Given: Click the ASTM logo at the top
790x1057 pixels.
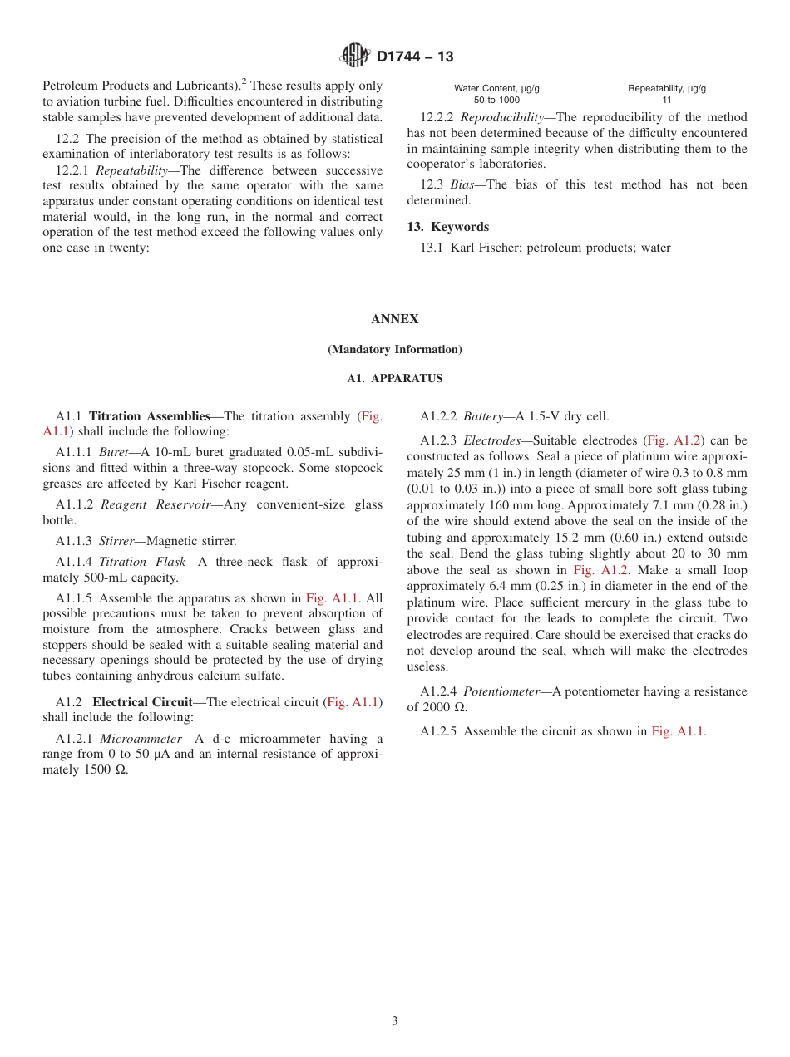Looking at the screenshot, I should [355, 56].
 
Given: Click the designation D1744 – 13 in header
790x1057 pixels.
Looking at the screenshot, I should [415, 57].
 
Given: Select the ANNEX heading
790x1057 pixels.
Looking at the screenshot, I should [394, 319].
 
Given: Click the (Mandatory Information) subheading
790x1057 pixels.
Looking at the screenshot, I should [394, 349].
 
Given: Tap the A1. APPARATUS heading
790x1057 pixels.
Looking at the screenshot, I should [394, 378].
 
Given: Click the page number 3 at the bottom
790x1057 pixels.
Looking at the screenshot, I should [394, 1020].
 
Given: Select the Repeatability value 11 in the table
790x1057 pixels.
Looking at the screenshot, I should [666, 100].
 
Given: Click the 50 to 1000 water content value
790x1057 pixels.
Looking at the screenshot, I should [496, 100].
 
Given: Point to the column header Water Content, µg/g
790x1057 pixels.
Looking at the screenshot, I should [496, 88].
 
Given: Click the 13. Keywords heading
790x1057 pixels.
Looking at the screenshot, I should [447, 227].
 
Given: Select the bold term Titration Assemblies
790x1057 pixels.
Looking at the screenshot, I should [150, 416].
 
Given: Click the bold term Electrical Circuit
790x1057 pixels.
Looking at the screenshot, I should [142, 702].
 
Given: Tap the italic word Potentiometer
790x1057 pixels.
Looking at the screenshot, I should [501, 691].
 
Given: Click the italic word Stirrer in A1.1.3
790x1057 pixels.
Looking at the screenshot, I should [116, 541].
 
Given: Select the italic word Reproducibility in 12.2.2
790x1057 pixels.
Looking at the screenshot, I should [501, 117].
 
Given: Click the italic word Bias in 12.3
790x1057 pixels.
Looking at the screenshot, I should [463, 184].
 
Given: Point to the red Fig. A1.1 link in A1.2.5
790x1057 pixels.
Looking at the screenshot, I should [678, 731].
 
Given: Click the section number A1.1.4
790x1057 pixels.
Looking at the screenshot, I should [73, 562].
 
